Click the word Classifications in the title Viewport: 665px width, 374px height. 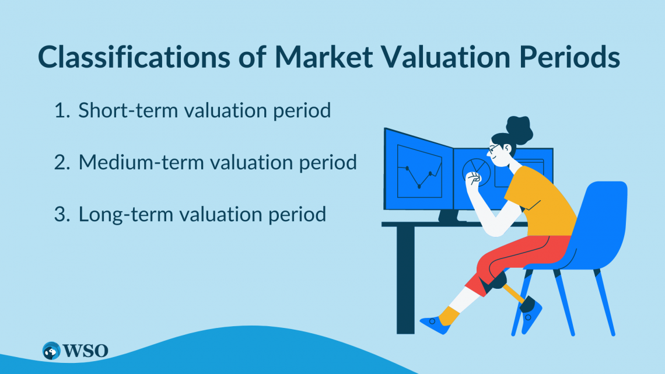[134, 57]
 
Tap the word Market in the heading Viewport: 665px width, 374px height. [324, 57]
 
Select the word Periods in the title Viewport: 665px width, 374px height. [569, 57]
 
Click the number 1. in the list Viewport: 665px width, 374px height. [62, 110]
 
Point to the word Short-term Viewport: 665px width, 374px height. [128, 110]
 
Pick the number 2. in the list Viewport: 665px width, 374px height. [62, 162]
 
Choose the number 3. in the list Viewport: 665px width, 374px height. [62, 214]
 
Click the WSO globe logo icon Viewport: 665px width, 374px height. [51, 351]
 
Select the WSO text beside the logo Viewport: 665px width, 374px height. [85, 351]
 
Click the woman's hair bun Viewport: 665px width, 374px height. [520, 129]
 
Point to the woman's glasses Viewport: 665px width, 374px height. [494, 148]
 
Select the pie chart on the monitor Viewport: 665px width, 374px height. [476, 170]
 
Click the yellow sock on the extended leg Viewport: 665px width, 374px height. [449, 316]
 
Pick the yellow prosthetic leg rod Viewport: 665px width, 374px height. [513, 293]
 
